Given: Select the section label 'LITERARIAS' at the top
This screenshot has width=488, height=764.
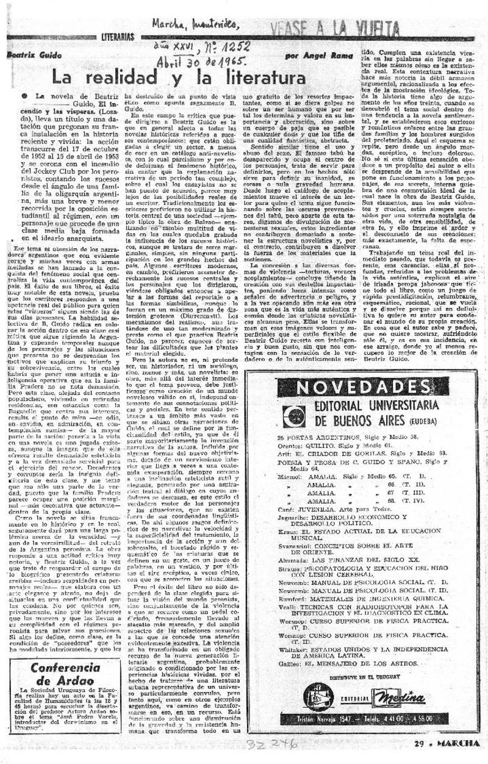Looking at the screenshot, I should [119, 38].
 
